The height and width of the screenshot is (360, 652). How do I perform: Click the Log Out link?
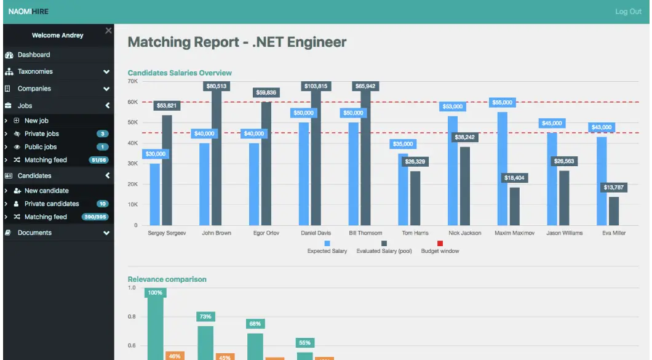click(628, 12)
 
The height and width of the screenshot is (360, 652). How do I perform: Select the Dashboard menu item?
click(33, 55)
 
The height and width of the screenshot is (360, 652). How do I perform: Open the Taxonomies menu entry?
click(34, 71)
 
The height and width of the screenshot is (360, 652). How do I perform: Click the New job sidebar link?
click(36, 121)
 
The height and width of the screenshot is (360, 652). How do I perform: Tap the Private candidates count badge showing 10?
click(103, 204)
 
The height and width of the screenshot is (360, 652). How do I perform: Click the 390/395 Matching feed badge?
click(95, 217)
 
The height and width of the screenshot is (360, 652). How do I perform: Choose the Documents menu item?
click(34, 233)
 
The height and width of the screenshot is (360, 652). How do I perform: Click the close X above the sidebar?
click(108, 31)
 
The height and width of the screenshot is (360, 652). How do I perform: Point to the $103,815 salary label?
click(316, 86)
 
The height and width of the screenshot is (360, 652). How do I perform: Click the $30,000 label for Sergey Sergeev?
click(155, 154)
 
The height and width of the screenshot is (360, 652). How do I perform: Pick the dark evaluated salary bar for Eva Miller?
click(614, 210)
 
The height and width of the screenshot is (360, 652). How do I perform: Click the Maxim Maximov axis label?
click(514, 233)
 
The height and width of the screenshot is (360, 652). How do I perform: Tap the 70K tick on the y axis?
click(132, 81)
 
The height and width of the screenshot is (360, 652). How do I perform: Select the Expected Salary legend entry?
click(327, 251)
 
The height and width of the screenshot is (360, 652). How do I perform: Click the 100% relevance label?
click(156, 292)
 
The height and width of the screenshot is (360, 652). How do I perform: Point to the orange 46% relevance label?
click(175, 356)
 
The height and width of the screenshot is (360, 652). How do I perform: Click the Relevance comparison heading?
click(167, 279)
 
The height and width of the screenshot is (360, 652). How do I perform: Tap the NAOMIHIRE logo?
click(28, 12)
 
